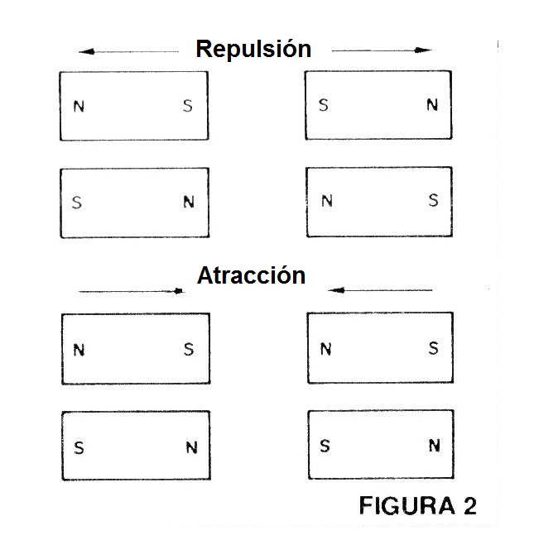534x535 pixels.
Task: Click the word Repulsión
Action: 253,49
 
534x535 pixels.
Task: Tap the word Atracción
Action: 252,275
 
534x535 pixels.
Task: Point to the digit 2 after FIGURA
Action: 467,506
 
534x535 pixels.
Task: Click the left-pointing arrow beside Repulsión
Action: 128,51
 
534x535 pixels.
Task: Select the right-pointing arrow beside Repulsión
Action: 382,50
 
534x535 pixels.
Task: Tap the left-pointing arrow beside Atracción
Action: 380,290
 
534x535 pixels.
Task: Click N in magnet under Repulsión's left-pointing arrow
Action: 79,106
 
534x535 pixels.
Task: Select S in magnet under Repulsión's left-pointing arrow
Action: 188,106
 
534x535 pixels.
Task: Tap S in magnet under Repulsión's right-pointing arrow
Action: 324,105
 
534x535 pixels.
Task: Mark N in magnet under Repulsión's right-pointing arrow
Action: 432,105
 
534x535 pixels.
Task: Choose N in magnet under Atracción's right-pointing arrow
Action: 79,349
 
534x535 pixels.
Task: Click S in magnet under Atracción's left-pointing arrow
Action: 433,348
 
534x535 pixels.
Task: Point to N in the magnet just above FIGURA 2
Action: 434,446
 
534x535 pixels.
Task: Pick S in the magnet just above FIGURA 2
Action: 325,447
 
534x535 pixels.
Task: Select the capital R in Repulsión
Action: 204,49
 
